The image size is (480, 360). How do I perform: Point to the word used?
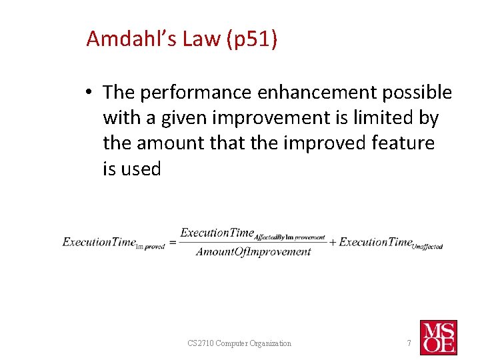141,169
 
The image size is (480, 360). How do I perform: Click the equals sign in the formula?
172,243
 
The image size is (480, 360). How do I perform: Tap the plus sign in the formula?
333,243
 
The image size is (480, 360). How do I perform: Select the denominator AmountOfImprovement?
253,252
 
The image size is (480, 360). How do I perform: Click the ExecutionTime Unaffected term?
391,243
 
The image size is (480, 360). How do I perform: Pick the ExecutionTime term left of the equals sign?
113,243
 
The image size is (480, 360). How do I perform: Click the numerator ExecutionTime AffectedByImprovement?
253,233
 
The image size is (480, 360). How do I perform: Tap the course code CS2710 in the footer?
203,343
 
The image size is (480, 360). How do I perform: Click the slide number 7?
408,343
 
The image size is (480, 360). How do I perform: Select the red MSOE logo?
438,337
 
